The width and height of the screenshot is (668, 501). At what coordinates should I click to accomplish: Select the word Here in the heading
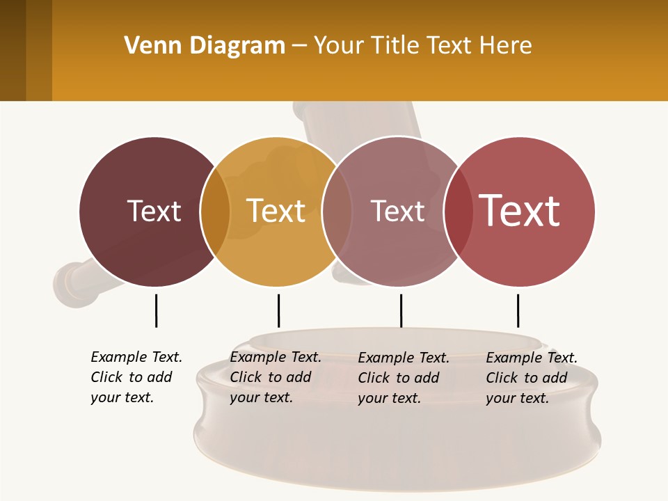(x=506, y=46)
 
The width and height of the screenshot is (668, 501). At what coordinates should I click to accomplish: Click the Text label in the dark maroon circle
(x=154, y=211)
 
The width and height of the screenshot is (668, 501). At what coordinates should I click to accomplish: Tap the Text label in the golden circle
(x=276, y=211)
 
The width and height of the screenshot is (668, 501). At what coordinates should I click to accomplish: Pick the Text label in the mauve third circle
(x=397, y=211)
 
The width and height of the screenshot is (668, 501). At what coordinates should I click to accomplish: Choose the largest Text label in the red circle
(x=520, y=211)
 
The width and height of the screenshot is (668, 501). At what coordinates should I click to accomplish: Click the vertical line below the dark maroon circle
(x=156, y=310)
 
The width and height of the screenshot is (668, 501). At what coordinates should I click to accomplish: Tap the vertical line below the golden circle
(x=278, y=310)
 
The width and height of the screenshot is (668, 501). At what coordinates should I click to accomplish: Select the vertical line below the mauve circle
(x=401, y=310)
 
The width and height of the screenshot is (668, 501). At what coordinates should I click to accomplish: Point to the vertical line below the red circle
(x=518, y=310)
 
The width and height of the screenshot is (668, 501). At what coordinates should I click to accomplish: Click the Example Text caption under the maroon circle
(x=136, y=377)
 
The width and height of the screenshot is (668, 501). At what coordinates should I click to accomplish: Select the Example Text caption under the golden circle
(x=275, y=377)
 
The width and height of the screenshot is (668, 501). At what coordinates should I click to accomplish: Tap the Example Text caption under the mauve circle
(x=403, y=378)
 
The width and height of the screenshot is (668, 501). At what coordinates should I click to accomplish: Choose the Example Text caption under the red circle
(x=531, y=378)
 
